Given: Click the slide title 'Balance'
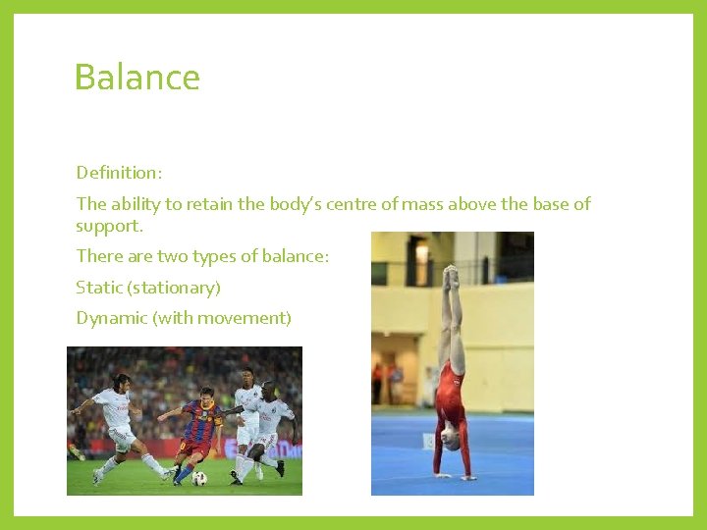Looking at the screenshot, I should [x=136, y=78].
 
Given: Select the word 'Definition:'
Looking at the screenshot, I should [x=119, y=173].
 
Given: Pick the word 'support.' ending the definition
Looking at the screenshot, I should [x=109, y=226].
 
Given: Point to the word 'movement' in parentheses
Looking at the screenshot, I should [x=243, y=318].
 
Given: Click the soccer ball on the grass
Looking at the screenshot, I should [x=200, y=478].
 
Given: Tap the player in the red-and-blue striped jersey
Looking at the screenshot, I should [x=198, y=432].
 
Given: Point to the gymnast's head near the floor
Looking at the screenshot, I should [x=451, y=441].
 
